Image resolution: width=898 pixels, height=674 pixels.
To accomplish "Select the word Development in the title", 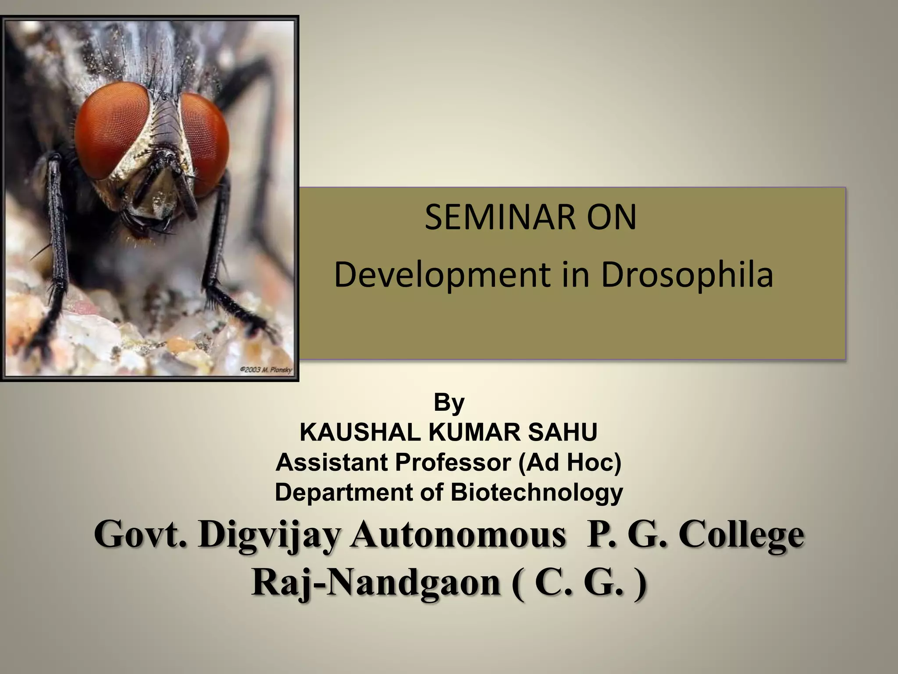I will (441, 276).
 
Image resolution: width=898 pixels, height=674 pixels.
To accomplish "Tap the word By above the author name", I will (449, 402).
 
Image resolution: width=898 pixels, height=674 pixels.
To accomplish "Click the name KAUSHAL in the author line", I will (360, 432).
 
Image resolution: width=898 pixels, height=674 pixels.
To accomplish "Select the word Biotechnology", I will (537, 492).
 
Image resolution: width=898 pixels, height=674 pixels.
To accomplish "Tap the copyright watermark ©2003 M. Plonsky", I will (266, 370).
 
